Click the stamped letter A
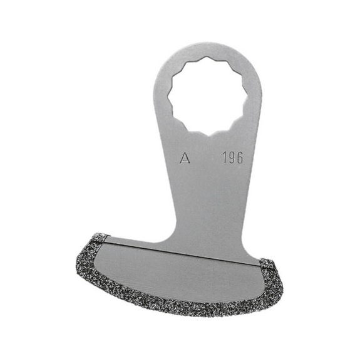click(x=185, y=159)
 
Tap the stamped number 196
click(x=232, y=157)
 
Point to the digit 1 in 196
click(x=224, y=157)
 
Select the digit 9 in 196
click(x=232, y=157)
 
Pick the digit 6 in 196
click(x=240, y=157)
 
